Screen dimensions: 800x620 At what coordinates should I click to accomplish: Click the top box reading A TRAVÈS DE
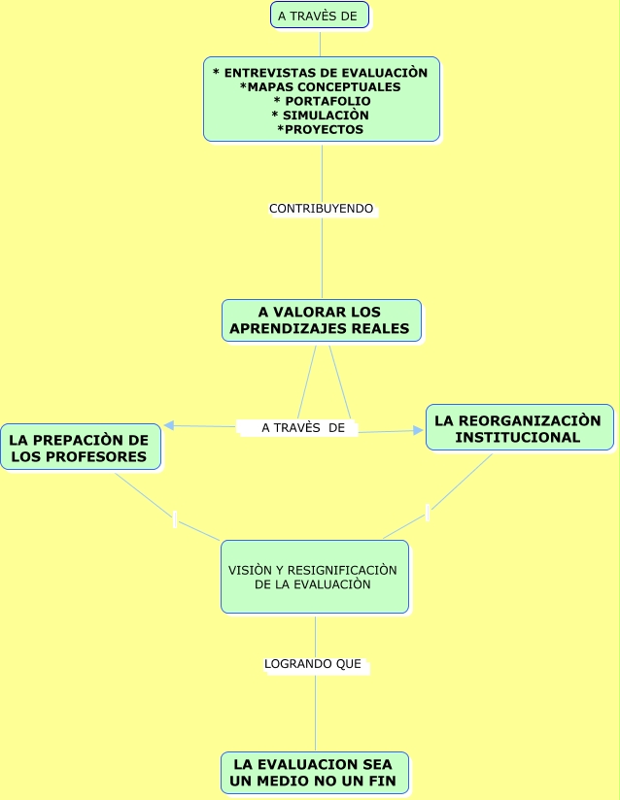click(x=320, y=16)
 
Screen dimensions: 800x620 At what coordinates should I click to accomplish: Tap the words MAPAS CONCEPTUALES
click(x=321, y=87)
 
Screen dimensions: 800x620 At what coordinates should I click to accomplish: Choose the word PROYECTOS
click(x=322, y=129)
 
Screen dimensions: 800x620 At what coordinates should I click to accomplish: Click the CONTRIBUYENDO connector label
click(x=321, y=209)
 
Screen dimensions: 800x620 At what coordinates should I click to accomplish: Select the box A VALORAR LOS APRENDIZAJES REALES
click(x=321, y=320)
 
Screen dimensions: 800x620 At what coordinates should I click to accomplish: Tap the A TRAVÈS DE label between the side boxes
click(x=302, y=427)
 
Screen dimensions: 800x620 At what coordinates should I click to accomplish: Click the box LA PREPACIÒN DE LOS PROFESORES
click(x=79, y=448)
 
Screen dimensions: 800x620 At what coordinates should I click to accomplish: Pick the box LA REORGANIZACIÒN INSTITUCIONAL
click(x=519, y=428)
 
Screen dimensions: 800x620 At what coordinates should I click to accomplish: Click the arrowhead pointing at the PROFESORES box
click(x=169, y=425)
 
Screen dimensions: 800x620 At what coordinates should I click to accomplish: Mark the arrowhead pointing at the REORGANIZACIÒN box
click(x=419, y=430)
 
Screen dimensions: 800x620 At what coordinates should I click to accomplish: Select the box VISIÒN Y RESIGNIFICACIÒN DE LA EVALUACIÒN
click(x=314, y=577)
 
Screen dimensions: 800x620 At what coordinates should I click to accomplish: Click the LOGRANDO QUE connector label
click(x=313, y=664)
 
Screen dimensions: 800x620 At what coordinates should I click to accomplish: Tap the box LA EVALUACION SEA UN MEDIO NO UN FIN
click(x=314, y=773)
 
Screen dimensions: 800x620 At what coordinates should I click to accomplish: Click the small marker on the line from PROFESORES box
click(x=174, y=519)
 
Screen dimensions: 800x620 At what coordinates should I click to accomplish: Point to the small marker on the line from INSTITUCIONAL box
click(x=428, y=513)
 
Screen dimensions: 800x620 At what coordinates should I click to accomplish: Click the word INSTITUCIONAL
click(x=519, y=437)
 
